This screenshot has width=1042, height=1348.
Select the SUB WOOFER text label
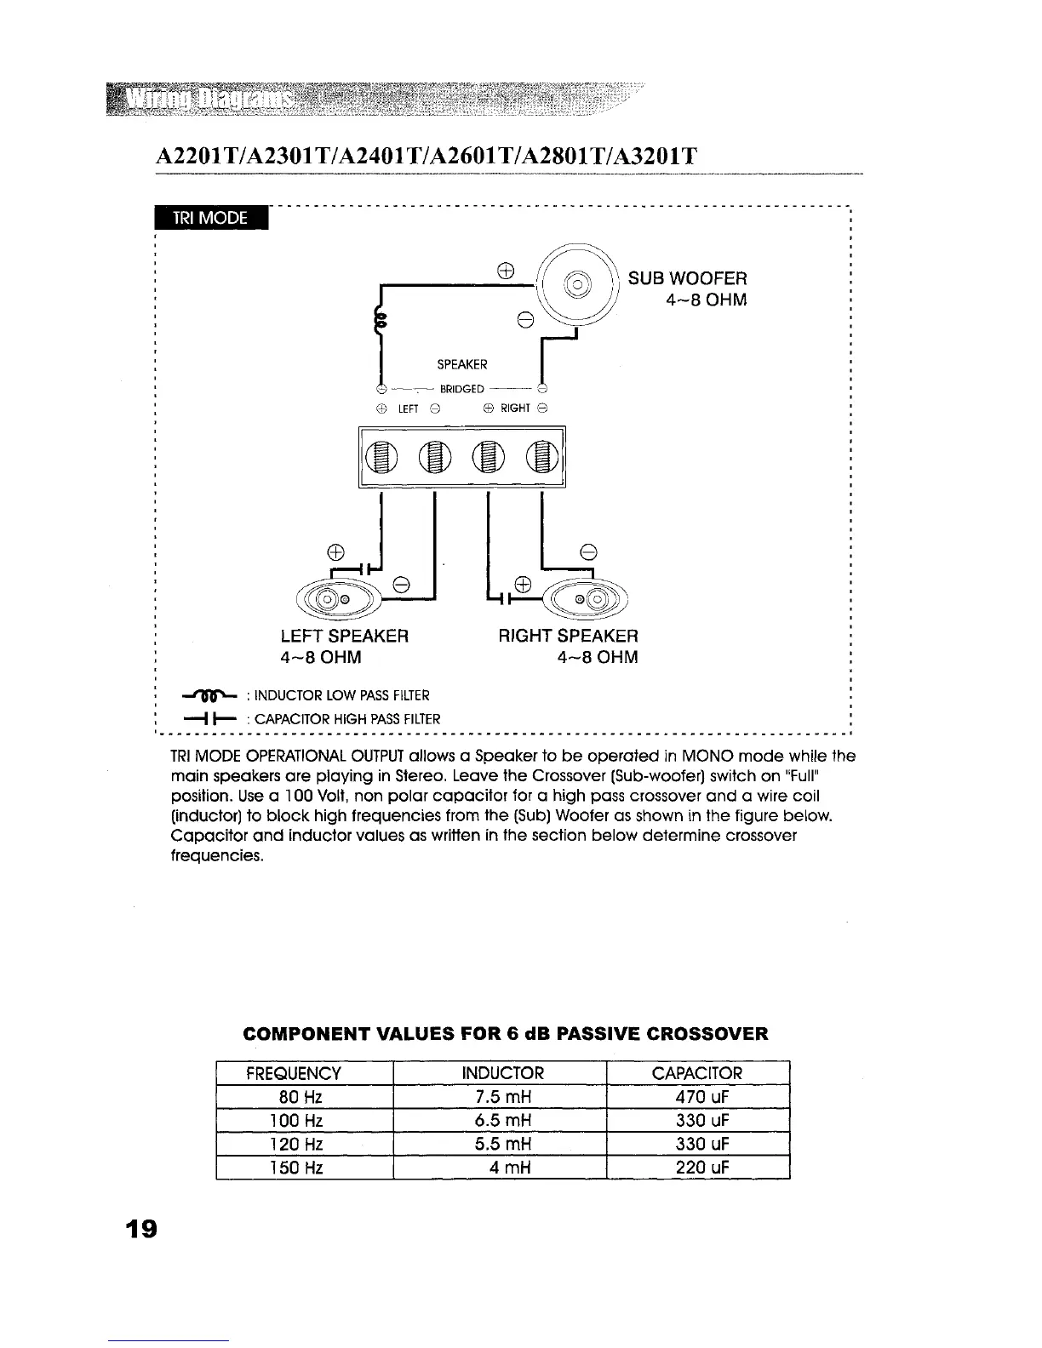687,278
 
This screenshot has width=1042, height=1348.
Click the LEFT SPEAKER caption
345,636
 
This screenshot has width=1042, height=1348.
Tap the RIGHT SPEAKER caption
568,636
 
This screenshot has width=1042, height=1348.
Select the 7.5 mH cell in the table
499,1096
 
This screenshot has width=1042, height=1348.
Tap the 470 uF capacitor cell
697,1096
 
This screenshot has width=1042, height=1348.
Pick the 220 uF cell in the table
697,1167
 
